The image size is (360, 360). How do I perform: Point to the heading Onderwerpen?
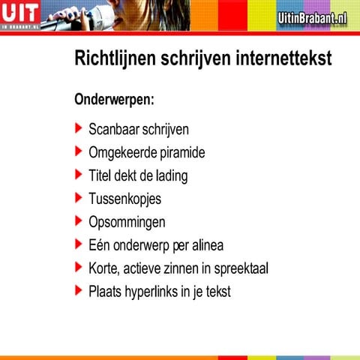coord(114,99)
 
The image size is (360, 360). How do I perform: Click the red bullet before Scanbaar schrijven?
coord(79,128)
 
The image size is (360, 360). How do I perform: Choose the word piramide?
coord(180,153)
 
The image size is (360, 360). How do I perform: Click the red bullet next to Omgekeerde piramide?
coord(79,151)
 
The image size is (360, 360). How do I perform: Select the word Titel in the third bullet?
coord(101,175)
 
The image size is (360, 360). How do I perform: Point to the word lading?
coord(170,176)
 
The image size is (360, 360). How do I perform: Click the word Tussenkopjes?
coord(124,199)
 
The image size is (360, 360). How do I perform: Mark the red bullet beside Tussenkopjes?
coord(79,197)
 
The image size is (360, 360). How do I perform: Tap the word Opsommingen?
coord(127,222)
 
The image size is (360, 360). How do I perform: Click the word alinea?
coord(206,244)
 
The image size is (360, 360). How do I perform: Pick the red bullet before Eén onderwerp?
coord(79,244)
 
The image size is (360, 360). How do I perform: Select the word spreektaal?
coord(239,268)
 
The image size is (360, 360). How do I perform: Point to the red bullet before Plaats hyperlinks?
coord(79,289)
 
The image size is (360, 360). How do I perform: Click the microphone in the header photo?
coord(56,22)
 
